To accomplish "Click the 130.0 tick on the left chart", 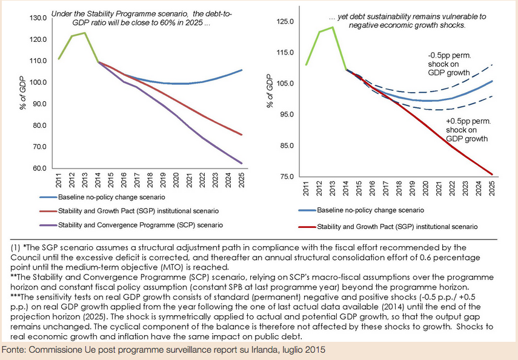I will click(x=38, y=18).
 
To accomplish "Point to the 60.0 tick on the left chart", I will click(x=39, y=168).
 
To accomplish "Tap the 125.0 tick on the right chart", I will click(x=285, y=22).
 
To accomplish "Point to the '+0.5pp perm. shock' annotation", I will click(x=468, y=129).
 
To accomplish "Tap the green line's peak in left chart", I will click(x=84, y=33).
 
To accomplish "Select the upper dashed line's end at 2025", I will click(x=491, y=64).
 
